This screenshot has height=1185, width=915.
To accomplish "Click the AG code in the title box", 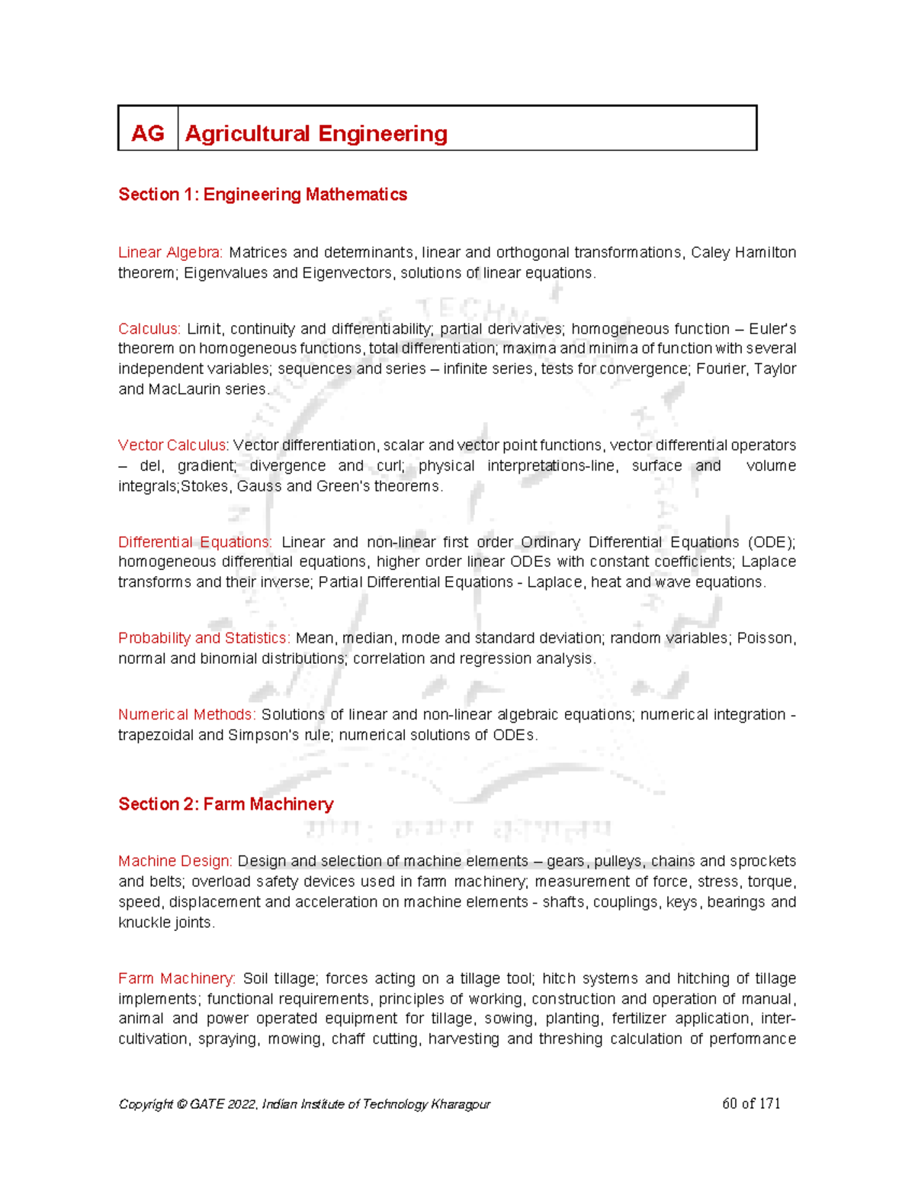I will pyautogui.click(x=147, y=134).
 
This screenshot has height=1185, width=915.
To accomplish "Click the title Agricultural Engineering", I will pyautogui.click(x=316, y=134).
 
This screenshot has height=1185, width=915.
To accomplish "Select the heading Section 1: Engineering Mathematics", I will pyautogui.click(x=262, y=195).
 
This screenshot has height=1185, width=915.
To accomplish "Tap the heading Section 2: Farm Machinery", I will pyautogui.click(x=226, y=804).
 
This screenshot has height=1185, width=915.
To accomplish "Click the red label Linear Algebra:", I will pyautogui.click(x=170, y=253).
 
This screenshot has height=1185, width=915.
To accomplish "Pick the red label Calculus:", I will pyautogui.click(x=149, y=329).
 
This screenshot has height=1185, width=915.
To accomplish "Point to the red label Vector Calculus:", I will pyautogui.click(x=173, y=446).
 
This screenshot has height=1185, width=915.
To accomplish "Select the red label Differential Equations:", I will pyautogui.click(x=194, y=543).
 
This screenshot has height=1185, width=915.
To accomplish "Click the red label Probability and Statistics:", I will pyautogui.click(x=204, y=639).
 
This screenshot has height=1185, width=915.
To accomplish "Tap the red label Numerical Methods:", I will pyautogui.click(x=187, y=715).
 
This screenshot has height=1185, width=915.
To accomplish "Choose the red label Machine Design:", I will pyautogui.click(x=175, y=861).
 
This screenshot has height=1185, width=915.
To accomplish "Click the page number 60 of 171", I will pyautogui.click(x=751, y=1103).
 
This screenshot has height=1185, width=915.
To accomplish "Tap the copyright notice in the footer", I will pyautogui.click(x=304, y=1104).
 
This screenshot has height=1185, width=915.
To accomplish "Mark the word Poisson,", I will pyautogui.click(x=766, y=639).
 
